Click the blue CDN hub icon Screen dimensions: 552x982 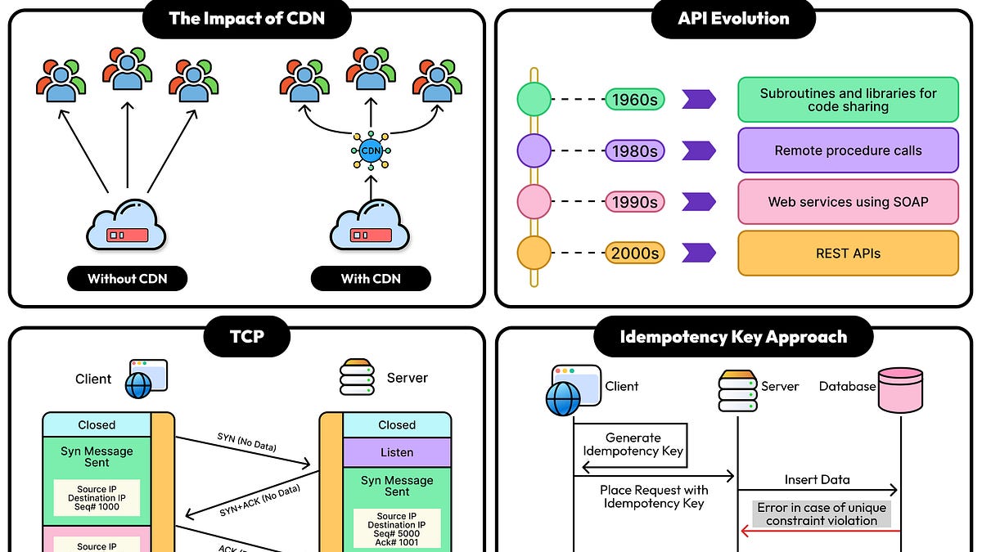coord(371,150)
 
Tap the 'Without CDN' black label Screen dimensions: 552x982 coord(127,279)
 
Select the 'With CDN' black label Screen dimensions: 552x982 coord(371,279)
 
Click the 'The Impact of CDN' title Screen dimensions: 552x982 coord(246,18)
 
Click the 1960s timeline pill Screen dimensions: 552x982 coord(634,100)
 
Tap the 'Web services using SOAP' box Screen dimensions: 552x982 coord(848,202)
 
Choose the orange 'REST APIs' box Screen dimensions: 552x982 coord(848,254)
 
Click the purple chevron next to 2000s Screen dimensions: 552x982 coord(698,254)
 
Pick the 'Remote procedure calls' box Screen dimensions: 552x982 coord(848,150)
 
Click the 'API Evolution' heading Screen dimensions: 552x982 coord(733,18)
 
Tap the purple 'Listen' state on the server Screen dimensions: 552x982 coord(397,452)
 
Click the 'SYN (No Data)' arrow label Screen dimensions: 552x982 coord(247,442)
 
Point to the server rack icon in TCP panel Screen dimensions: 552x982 coord(358,378)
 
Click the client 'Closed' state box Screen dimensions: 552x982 coord(97,425)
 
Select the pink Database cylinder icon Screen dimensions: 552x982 coord(900,391)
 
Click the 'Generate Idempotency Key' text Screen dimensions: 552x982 coord(633,445)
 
